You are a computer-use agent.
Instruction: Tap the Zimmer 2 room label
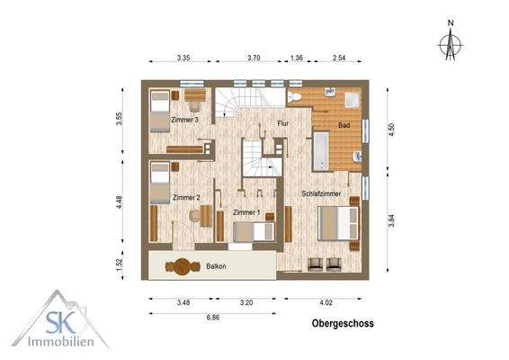tap(185, 197)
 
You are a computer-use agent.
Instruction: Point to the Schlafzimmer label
tap(321, 193)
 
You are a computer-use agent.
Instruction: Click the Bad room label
tap(344, 125)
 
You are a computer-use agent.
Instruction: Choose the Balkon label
tap(216, 266)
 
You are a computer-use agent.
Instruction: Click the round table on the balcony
tap(183, 266)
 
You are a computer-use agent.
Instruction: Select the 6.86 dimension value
tap(213, 319)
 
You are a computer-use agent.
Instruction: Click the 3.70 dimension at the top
tap(254, 58)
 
